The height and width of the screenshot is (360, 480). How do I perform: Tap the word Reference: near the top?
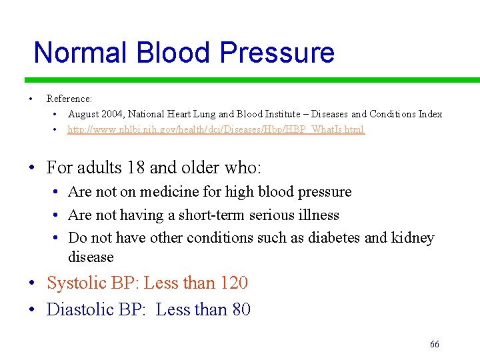coord(69,99)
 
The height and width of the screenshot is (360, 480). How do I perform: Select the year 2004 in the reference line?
coord(111,114)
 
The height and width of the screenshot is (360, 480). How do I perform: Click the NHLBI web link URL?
coord(216,129)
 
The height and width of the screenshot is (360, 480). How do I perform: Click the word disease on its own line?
coord(91,257)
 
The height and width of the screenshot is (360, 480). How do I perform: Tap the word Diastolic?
coord(79,310)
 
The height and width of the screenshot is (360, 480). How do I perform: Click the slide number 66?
coord(435,345)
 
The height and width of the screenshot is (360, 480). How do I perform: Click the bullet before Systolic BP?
coord(33,284)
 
